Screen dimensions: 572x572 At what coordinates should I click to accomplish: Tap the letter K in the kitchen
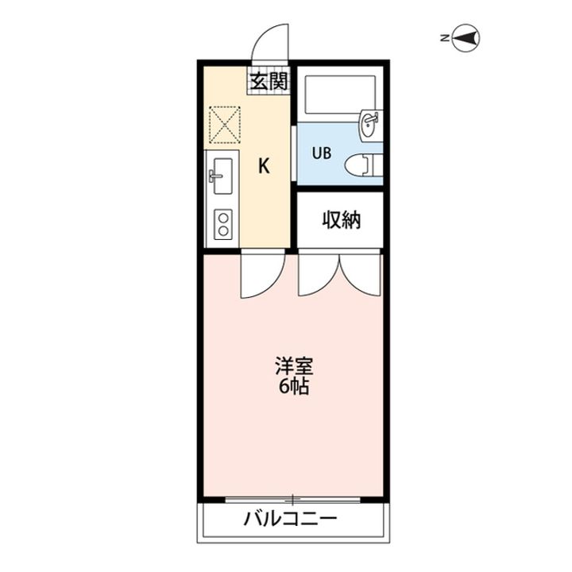pyautogui.click(x=265, y=166)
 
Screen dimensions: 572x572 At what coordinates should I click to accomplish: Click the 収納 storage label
pyautogui.click(x=341, y=220)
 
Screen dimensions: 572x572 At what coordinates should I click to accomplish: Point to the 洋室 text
pyautogui.click(x=294, y=368)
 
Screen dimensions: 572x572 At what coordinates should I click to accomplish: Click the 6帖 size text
pyautogui.click(x=294, y=388)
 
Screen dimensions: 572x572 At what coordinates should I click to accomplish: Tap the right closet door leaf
pyautogui.click(x=361, y=275)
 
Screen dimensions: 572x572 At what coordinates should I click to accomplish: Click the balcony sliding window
pyautogui.click(x=293, y=499)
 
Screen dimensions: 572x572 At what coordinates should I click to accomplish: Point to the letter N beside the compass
pyautogui.click(x=446, y=37)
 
